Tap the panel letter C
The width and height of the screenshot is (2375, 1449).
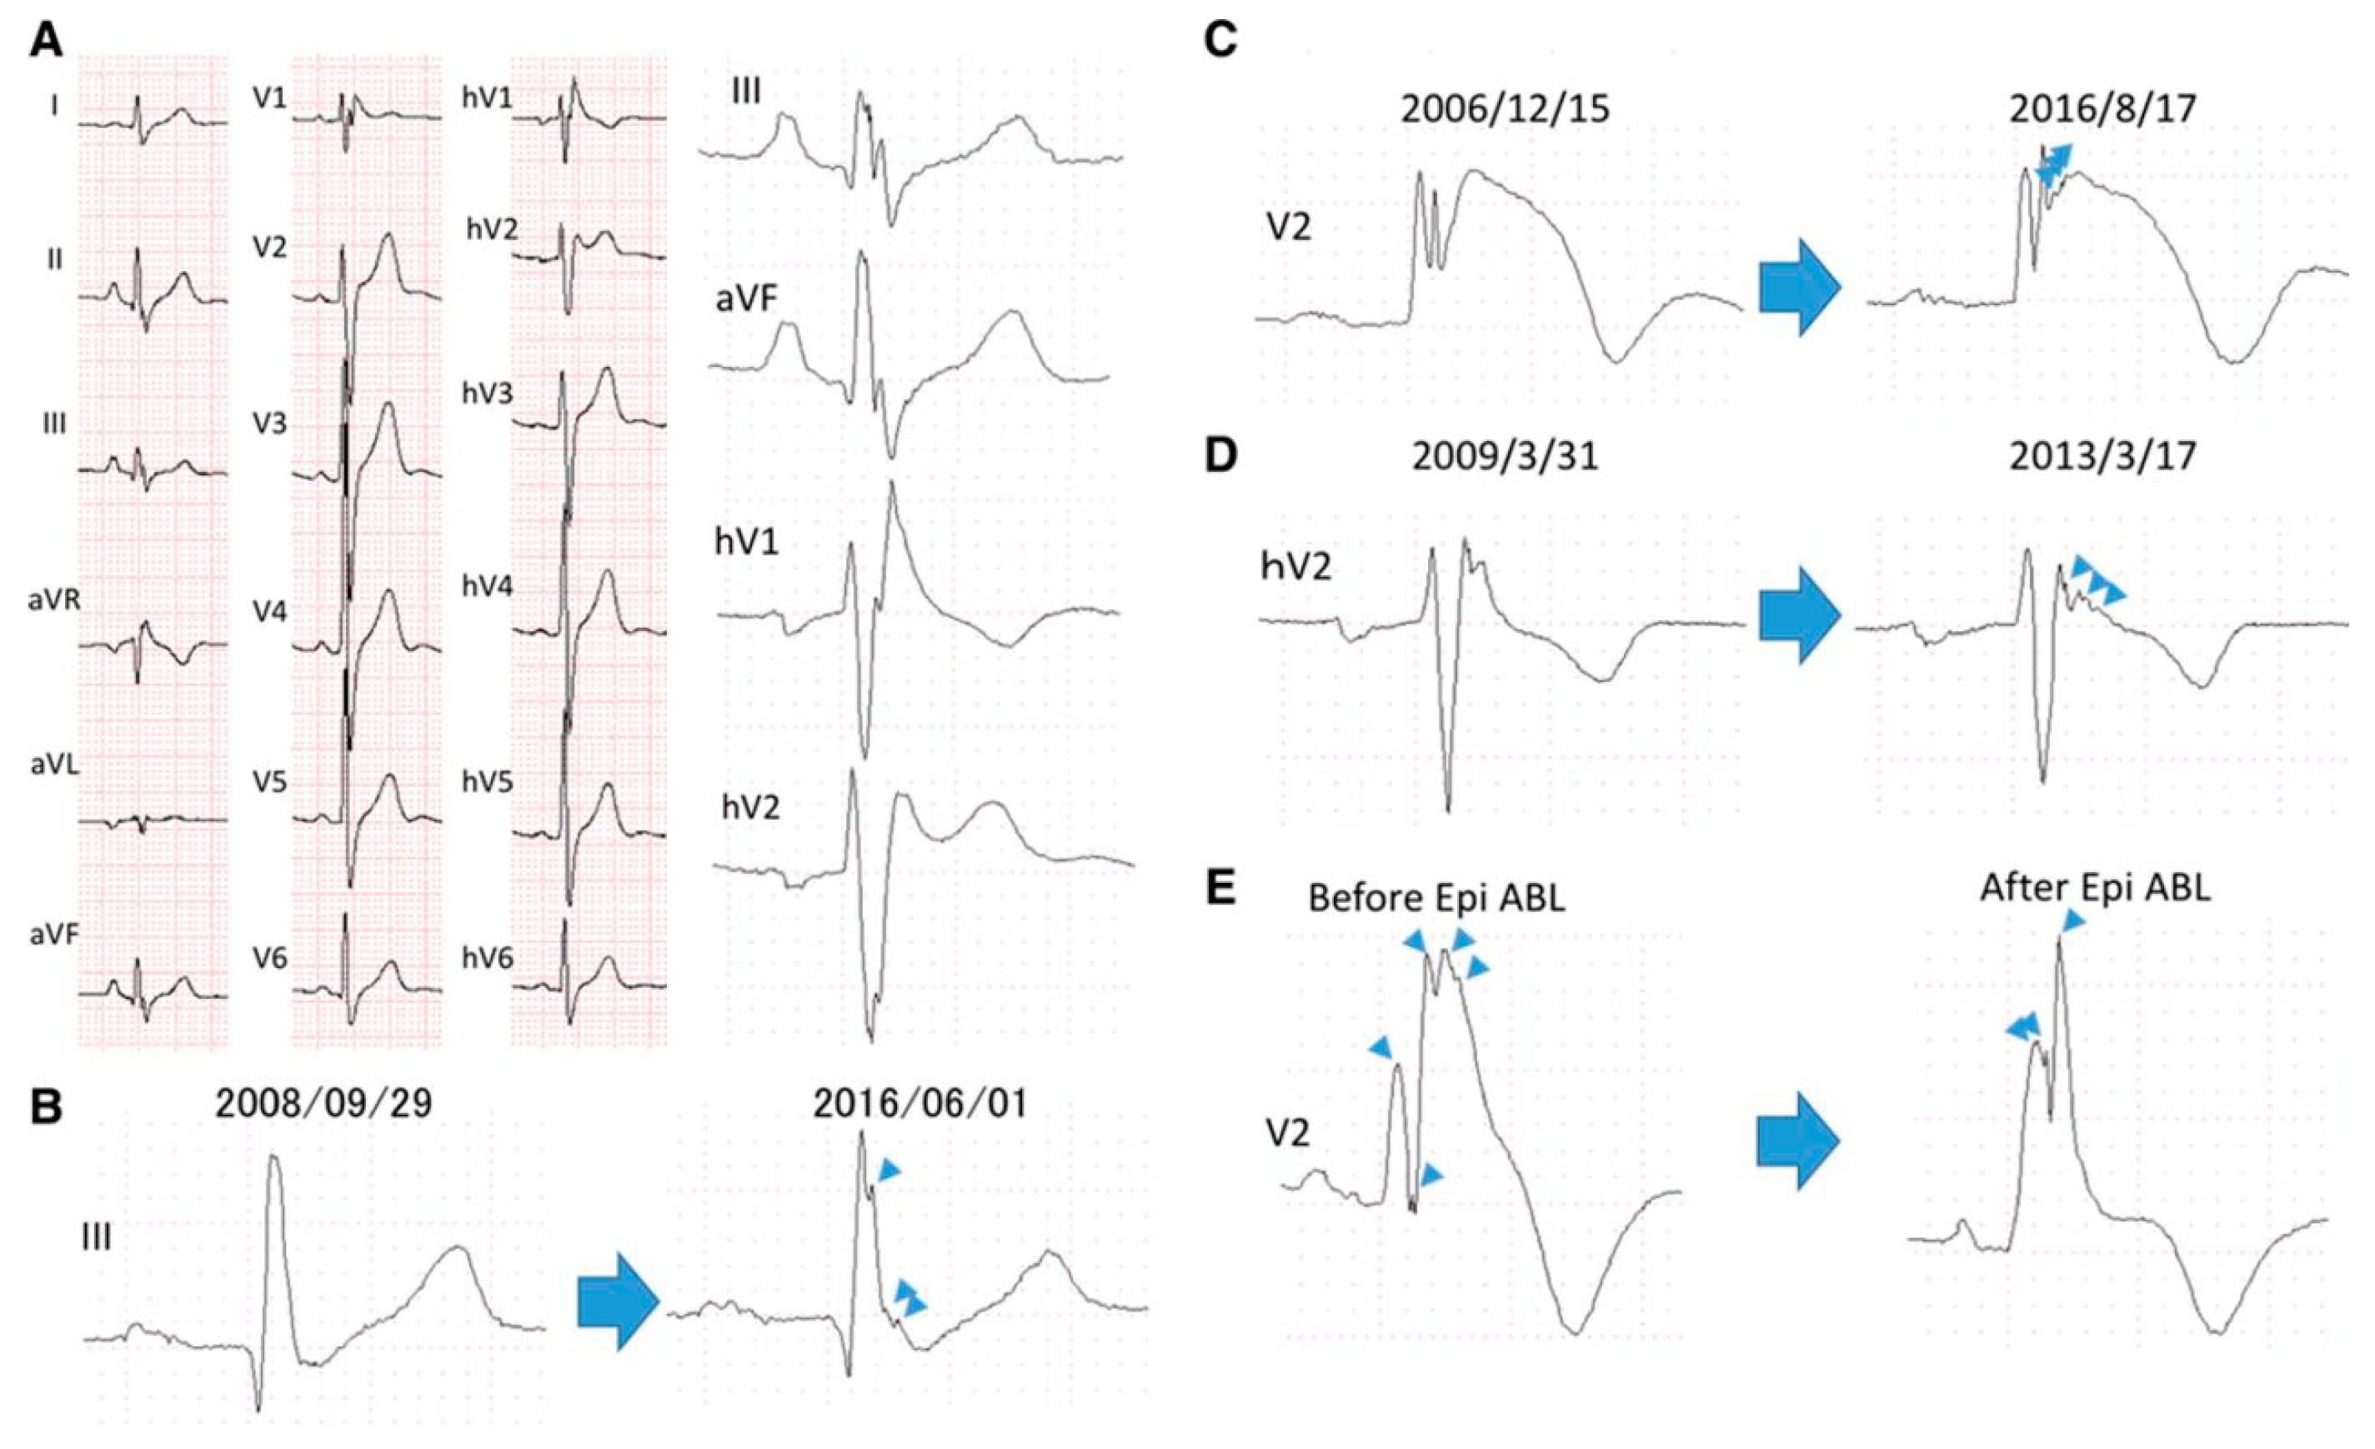pos(1221,41)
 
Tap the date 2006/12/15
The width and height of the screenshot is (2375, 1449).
pos(1505,109)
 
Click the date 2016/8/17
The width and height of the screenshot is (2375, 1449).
pos(2102,109)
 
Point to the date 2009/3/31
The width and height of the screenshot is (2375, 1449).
pos(1505,456)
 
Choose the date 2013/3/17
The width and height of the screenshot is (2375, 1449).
pos(2102,456)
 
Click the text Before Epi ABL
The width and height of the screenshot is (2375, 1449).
pos(1436,899)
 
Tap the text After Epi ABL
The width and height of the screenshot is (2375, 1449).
pos(2096,888)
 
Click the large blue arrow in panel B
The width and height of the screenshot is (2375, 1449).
pos(618,1301)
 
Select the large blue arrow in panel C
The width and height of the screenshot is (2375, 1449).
pos(1800,288)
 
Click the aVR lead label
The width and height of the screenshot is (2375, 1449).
pos(54,599)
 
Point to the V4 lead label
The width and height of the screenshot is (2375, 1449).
pos(270,611)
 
